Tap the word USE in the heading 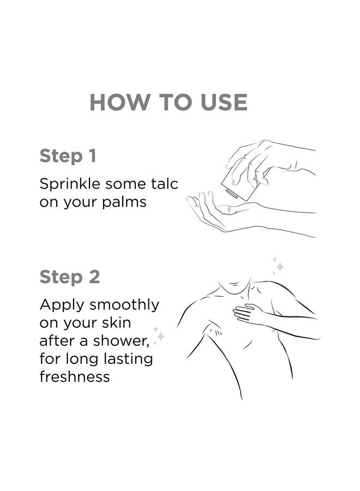point(221,102)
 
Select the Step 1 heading point(68,156)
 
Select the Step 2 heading point(69,277)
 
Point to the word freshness point(75,376)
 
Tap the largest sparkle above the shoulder point(279,267)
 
